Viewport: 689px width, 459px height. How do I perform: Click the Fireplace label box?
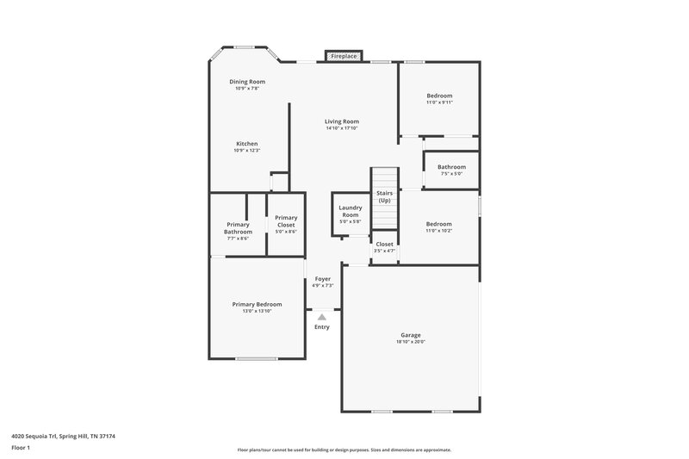tap(344, 56)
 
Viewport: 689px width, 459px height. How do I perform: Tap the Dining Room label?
tap(247, 82)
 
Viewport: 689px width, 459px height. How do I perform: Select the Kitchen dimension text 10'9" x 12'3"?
tap(247, 151)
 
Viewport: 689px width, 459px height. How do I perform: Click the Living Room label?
tap(342, 121)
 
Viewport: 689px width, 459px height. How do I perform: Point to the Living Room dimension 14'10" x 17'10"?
tap(342, 128)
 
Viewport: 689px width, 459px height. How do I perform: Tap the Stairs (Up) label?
tap(384, 197)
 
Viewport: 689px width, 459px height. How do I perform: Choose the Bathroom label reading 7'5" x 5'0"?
tap(451, 167)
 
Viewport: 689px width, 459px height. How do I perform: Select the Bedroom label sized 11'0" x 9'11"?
tap(439, 96)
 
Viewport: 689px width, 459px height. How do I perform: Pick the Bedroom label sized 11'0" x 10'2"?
tap(438, 224)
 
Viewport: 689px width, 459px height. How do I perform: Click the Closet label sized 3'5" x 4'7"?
tap(384, 244)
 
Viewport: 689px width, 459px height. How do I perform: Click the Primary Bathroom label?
tap(238, 228)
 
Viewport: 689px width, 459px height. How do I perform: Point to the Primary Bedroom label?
tap(257, 304)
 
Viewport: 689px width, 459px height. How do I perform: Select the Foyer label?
tap(322, 279)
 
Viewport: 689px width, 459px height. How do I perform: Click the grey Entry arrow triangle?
tap(322, 317)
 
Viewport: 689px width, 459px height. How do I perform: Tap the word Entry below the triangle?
tap(322, 327)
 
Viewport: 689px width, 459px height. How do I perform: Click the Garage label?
tap(411, 335)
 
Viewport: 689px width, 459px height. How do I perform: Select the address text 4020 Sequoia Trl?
tap(39, 437)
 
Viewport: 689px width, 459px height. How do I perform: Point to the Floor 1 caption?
tap(21, 449)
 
